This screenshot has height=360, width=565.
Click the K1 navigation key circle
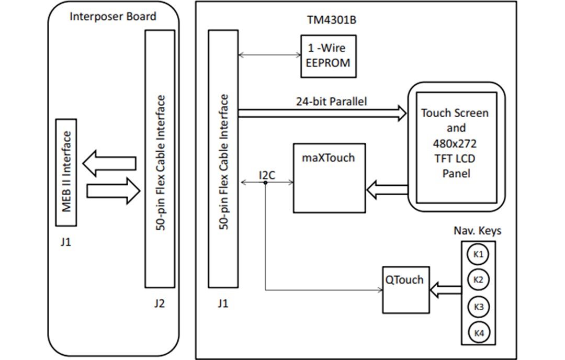[x=478, y=255]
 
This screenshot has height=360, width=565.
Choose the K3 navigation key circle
[x=478, y=307]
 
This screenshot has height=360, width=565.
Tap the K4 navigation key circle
[x=478, y=332]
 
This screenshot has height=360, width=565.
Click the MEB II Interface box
[x=66, y=172]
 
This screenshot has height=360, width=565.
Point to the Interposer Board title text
[x=113, y=16]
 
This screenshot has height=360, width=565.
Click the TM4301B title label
[x=328, y=20]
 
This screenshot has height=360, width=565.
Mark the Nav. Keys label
[x=477, y=231]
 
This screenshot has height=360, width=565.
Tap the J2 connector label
[x=160, y=303]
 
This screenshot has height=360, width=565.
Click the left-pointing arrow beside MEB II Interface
[x=109, y=163]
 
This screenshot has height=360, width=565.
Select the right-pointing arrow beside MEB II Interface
[x=113, y=191]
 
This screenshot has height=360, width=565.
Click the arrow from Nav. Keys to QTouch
[x=445, y=287]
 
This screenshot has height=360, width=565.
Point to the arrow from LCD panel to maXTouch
[x=387, y=190]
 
